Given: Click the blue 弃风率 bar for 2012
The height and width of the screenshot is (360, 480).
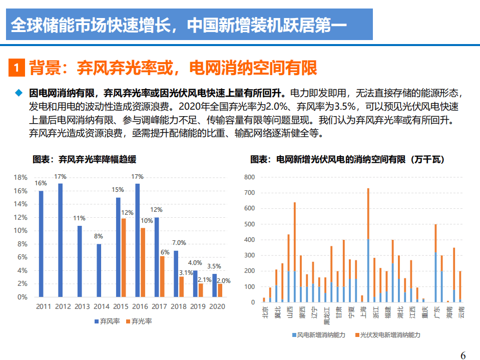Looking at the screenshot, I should [61, 240].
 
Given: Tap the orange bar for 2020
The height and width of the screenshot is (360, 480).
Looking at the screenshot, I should [220, 290].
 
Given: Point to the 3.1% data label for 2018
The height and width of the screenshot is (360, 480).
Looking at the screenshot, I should [185, 273].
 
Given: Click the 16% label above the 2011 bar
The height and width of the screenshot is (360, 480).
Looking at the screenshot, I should [41, 183].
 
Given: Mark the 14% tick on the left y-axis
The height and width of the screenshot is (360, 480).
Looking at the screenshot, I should [21, 204].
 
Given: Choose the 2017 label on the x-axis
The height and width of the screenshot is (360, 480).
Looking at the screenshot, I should [159, 306].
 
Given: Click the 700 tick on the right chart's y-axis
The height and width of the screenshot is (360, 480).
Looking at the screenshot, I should [249, 193].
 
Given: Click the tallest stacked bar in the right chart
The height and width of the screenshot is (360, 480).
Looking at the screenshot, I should [368, 245].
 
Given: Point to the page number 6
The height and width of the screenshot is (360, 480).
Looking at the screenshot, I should [463, 355].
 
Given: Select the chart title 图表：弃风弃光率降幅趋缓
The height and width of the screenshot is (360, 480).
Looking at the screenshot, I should [84, 160].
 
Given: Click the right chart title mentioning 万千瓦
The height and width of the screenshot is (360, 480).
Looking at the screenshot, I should [347, 160].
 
